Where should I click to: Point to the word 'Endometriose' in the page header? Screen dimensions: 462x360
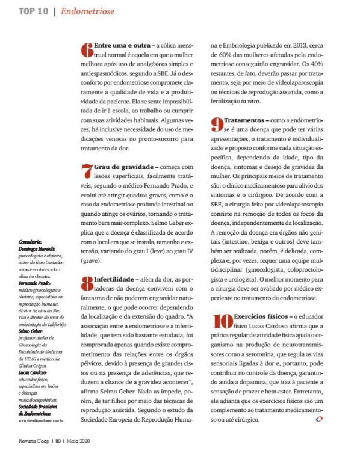(x=87, y=11)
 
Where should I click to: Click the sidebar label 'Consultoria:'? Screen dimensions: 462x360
(x=31, y=242)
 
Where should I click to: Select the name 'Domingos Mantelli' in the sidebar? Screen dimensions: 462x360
(x=37, y=248)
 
